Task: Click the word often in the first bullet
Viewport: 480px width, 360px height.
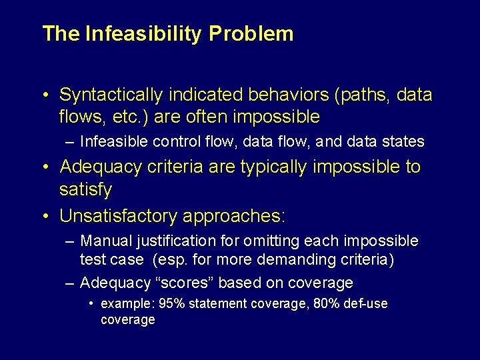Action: pos(212,117)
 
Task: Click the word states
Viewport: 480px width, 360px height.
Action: pos(405,141)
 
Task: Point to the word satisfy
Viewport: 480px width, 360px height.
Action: pos(85,190)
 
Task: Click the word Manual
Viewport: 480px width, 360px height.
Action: pos(103,241)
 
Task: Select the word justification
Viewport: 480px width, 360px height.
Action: pos(173,241)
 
